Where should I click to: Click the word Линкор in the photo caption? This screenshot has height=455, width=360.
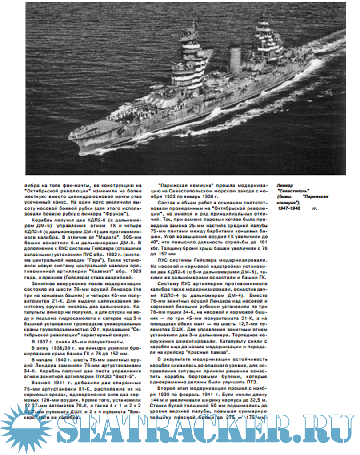click(284, 184)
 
